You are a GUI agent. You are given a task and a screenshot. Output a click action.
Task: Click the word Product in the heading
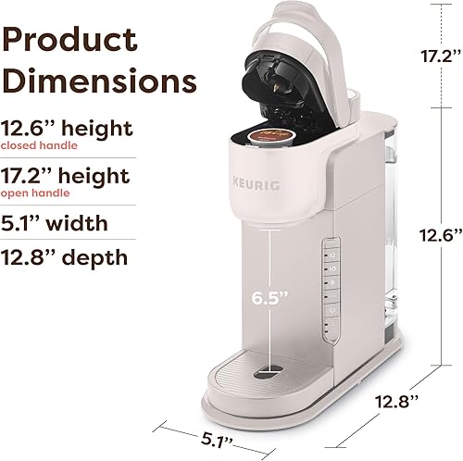pyautogui.click(x=70, y=40)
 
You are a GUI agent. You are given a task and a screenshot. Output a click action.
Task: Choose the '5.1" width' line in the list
pyautogui.click(x=66, y=223)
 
